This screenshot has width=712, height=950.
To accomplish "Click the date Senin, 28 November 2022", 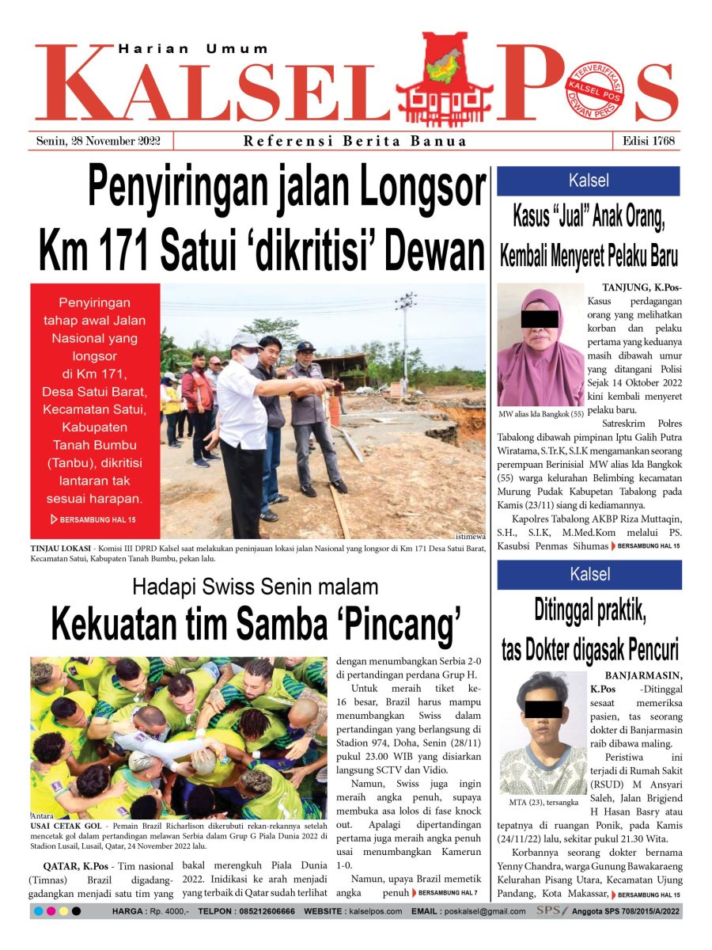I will [x=99, y=141].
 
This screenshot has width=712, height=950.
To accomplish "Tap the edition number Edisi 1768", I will [x=647, y=141].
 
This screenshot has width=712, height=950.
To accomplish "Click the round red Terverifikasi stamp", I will [x=596, y=89].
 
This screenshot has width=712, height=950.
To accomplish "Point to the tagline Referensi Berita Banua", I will [x=355, y=142].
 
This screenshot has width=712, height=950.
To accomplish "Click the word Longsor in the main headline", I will [x=418, y=188].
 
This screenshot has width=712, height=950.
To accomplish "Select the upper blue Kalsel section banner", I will [x=589, y=180].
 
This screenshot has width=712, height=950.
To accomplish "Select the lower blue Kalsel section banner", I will [x=589, y=575].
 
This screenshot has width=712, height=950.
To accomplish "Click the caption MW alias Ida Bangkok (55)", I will [x=542, y=414].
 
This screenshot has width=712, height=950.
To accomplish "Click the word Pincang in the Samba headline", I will [x=396, y=625].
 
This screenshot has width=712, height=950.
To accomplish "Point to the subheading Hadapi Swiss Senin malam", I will [x=255, y=587].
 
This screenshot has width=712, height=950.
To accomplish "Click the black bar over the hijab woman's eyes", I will [x=539, y=319].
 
